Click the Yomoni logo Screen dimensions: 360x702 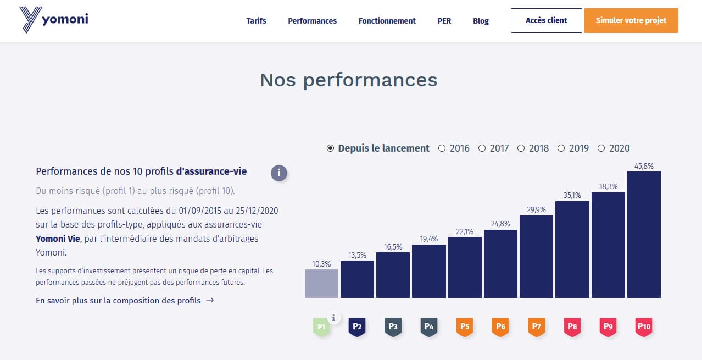pyautogui.click(x=53, y=20)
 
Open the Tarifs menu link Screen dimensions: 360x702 pyautogui.click(x=256, y=21)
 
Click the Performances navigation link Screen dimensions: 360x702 pyautogui.click(x=312, y=21)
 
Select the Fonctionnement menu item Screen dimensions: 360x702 pyautogui.click(x=387, y=21)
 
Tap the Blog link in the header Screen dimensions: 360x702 pyautogui.click(x=481, y=21)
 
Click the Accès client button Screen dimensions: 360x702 pyautogui.click(x=546, y=20)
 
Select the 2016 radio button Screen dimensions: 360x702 pyautogui.click(x=442, y=148)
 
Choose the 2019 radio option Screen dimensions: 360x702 pyautogui.click(x=561, y=148)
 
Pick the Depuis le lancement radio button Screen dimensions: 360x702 pyautogui.click(x=330, y=148)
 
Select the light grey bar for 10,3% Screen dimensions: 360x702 pyautogui.click(x=321, y=284)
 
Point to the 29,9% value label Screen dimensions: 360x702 pyautogui.click(x=536, y=209)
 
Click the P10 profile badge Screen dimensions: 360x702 pyautogui.click(x=644, y=327)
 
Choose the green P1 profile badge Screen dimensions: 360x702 pyautogui.click(x=322, y=327)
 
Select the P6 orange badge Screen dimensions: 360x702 pyautogui.click(x=500, y=327)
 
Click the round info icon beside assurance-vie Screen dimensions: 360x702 pyautogui.click(x=278, y=173)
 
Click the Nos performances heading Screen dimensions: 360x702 pyautogui.click(x=349, y=80)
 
